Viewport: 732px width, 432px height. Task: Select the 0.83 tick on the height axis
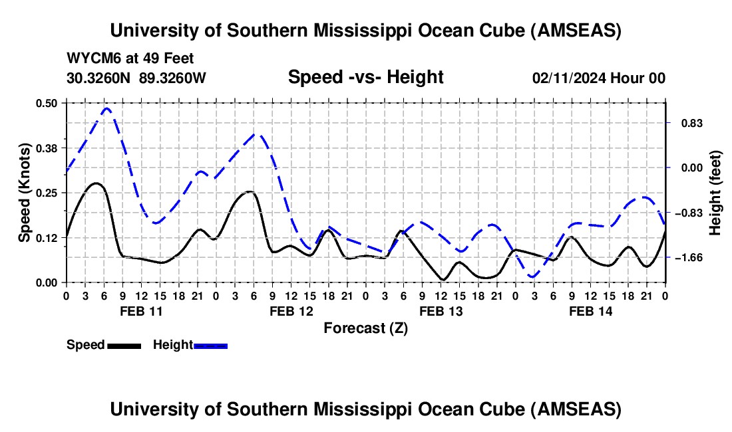(x=685, y=124)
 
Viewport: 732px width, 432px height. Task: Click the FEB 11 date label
(x=139, y=311)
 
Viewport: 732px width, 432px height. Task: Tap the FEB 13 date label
(x=441, y=311)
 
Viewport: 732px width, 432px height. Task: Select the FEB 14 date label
(x=590, y=311)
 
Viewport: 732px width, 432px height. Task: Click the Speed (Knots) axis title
(x=25, y=193)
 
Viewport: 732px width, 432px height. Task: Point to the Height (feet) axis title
(x=715, y=193)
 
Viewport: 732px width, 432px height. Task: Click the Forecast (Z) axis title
(x=365, y=328)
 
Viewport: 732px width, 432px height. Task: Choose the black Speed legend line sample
(x=124, y=345)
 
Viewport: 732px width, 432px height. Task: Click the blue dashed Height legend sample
(x=210, y=345)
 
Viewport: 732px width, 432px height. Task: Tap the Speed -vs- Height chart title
(x=365, y=77)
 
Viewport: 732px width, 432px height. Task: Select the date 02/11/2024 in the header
(x=570, y=78)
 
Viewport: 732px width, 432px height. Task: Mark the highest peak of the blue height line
(x=106, y=108)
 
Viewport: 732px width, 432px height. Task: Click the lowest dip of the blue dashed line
(x=532, y=276)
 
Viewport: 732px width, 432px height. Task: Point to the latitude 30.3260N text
(x=100, y=78)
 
